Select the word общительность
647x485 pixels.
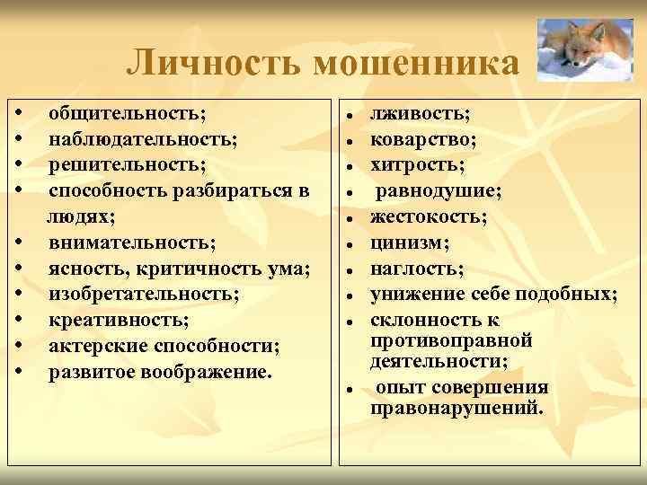pos(127,114)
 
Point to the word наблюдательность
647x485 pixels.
pos(143,140)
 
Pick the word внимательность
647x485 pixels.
pos(131,242)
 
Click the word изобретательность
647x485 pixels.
pos(144,294)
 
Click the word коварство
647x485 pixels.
pos(423,140)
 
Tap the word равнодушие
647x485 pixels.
pos(439,190)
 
